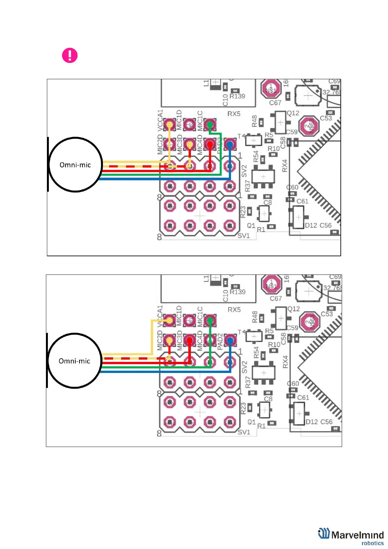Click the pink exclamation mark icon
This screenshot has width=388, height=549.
(x=70, y=55)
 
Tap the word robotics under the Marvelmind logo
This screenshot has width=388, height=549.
(x=372, y=543)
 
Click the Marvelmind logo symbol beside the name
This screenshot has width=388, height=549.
(x=324, y=533)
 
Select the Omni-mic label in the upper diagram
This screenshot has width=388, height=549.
(x=75, y=165)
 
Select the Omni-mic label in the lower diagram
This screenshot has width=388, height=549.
(x=74, y=361)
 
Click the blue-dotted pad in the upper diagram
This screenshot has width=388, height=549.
(x=230, y=144)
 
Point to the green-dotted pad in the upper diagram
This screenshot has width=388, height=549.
(x=210, y=124)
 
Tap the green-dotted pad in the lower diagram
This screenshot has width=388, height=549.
(x=210, y=320)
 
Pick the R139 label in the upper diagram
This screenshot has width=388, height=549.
(x=237, y=96)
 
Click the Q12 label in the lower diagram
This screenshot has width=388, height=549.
(x=294, y=309)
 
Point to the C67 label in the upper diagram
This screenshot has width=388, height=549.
(x=275, y=103)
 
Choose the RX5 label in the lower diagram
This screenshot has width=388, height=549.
(x=234, y=309)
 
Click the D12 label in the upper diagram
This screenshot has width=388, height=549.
(x=311, y=226)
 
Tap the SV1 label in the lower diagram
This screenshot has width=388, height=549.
(x=244, y=432)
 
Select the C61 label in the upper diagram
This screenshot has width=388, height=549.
(x=302, y=201)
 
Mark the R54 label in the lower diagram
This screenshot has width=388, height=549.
(x=256, y=353)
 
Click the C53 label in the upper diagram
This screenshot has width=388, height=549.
(x=326, y=118)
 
